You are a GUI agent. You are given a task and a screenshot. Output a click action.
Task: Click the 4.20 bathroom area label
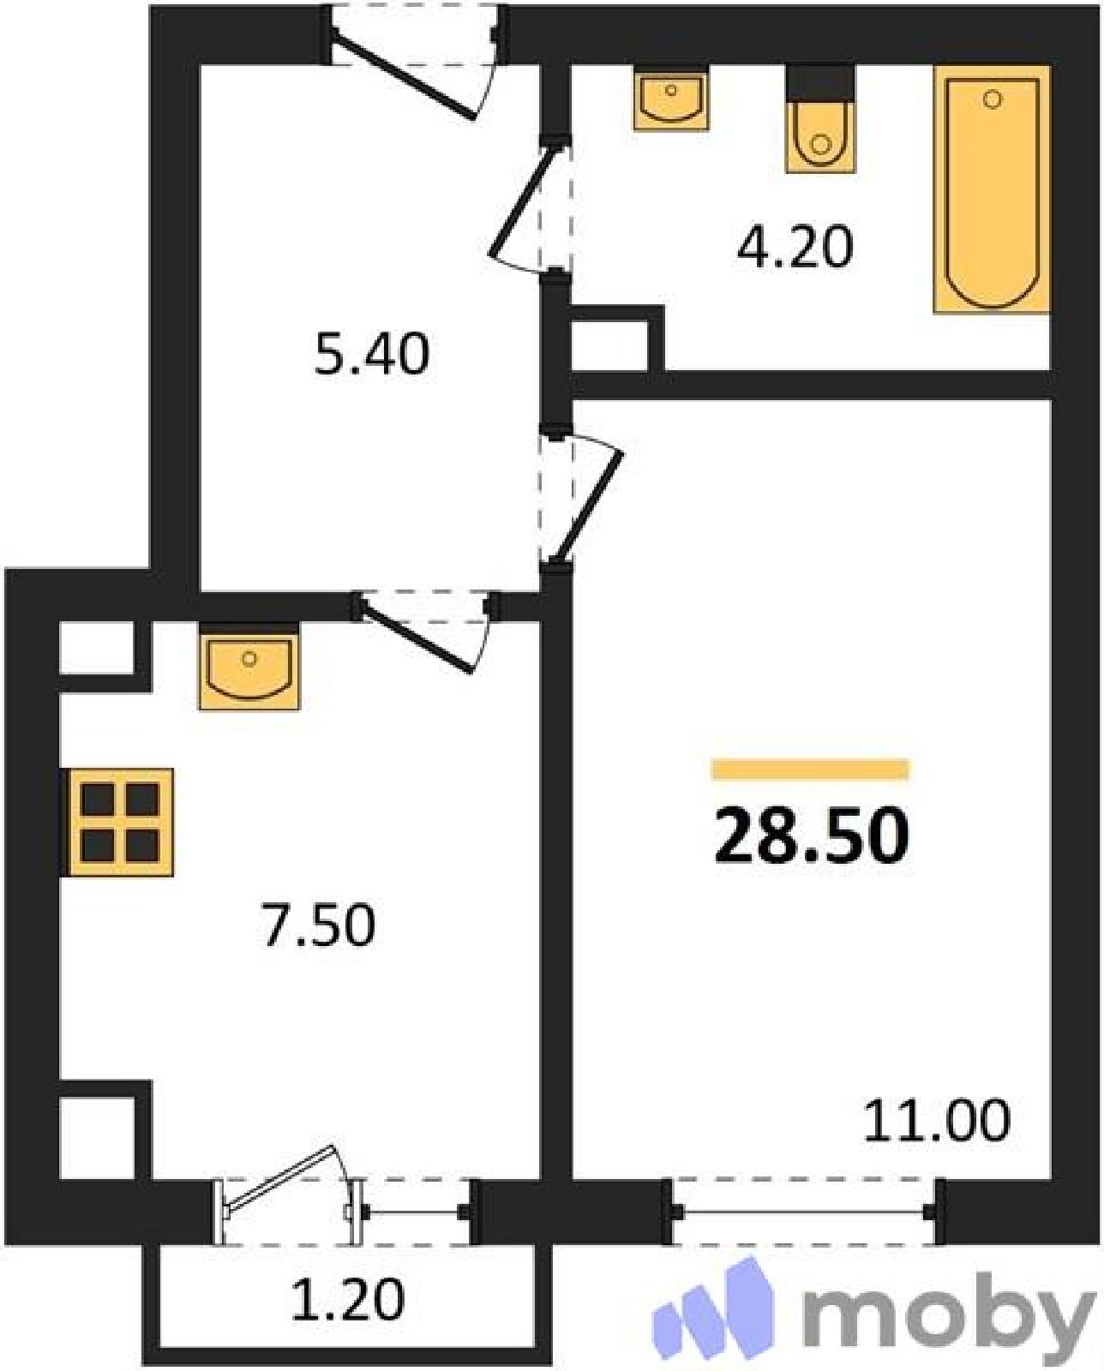coord(795,248)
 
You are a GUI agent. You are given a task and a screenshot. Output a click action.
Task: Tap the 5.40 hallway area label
coord(372,356)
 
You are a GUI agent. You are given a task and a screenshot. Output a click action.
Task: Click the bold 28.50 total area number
coord(812,835)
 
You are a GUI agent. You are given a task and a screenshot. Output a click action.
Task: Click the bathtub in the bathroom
coord(991,189)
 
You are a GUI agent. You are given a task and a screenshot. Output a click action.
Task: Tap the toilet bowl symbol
coord(819,120)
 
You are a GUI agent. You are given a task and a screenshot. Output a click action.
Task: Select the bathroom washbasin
coord(671,98)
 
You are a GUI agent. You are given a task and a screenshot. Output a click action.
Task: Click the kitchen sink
coord(249,666)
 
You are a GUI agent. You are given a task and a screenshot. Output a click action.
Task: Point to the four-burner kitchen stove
coord(119,822)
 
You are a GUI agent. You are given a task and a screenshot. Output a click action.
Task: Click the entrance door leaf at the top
coord(404,76)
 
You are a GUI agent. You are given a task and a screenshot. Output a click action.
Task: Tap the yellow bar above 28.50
coord(811,769)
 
